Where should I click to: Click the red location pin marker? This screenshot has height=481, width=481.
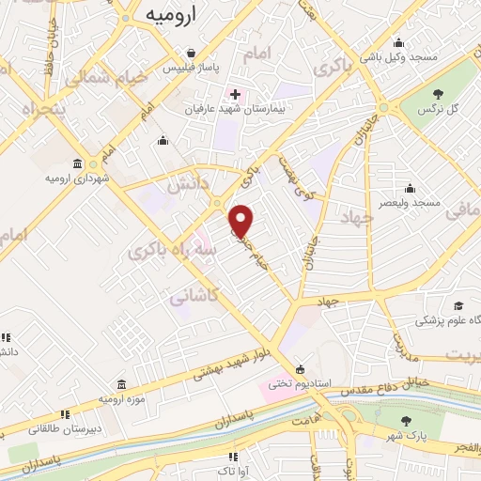[241, 220]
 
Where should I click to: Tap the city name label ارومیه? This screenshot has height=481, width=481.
[170, 15]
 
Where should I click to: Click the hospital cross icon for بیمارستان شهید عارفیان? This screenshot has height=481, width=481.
[235, 95]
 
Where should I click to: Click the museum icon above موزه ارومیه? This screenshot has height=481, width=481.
[123, 384]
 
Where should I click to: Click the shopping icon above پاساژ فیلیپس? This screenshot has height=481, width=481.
[191, 54]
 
